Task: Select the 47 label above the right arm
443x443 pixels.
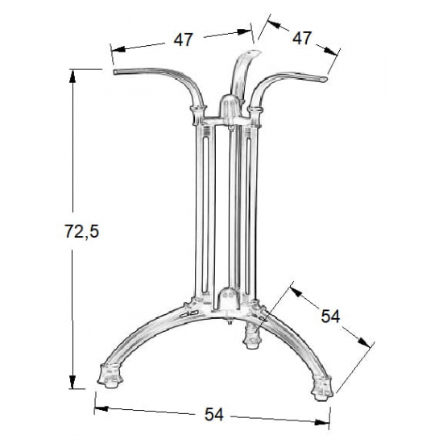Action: [302, 38]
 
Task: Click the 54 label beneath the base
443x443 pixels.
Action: [213, 415]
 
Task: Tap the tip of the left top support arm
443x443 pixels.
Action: [118, 73]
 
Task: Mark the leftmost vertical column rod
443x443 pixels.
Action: [197, 209]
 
